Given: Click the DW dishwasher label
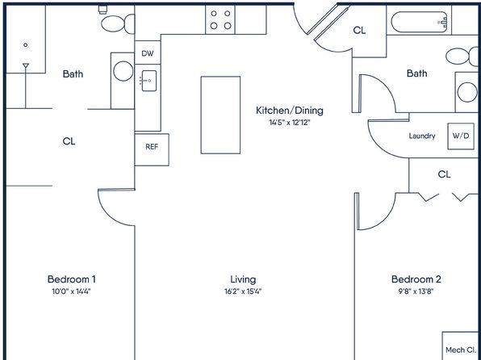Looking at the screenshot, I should tap(147, 53).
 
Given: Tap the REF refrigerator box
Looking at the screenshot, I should tap(151, 148).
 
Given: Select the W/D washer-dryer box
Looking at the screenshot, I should tap(460, 136).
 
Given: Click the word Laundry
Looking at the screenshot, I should tap(422, 136).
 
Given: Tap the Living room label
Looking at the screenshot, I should tap(243, 279).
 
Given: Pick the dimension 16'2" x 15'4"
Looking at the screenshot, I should tap(243, 291).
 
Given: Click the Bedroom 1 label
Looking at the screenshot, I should tap(71, 279).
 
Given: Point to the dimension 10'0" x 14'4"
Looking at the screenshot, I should tap(71, 291).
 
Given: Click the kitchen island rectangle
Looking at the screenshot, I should tap(220, 115).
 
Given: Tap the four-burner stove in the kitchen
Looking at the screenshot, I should tap(221, 19).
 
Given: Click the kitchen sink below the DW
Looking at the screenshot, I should tap(148, 80).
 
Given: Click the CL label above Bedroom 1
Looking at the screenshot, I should tap(69, 141).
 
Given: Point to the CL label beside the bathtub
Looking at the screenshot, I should tap(359, 31).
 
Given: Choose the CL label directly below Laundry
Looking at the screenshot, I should tap(444, 174).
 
